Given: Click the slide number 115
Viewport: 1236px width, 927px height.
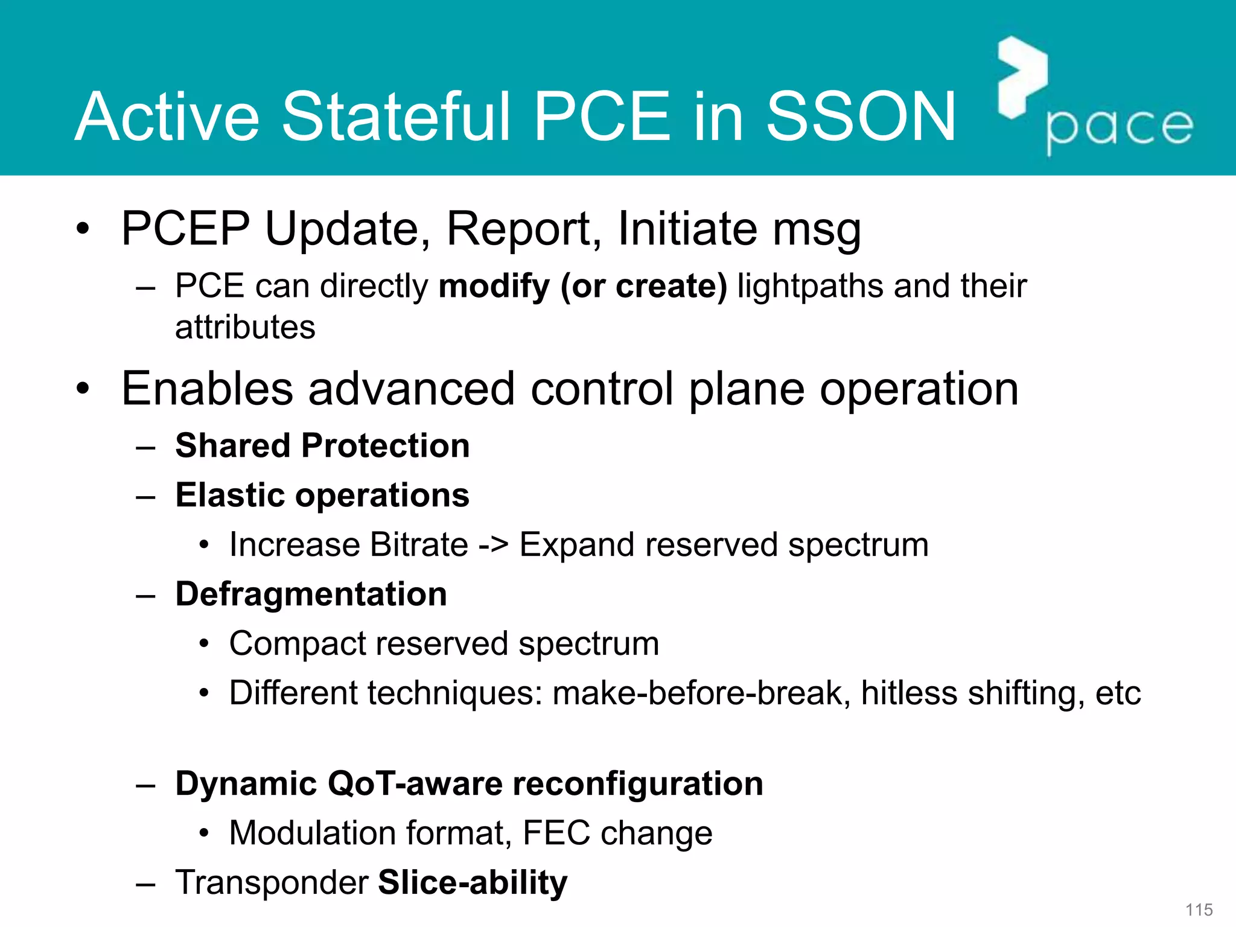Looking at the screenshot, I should [x=1199, y=909].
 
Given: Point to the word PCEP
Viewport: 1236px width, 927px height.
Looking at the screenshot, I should [x=185, y=229].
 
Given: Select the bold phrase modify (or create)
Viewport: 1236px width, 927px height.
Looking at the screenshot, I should [x=583, y=285].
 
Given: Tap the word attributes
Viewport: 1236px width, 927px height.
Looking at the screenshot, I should [x=245, y=328].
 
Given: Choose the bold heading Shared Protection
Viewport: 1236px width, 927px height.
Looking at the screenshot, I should [x=322, y=446].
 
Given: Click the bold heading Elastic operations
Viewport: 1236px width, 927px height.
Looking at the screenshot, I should [x=322, y=495].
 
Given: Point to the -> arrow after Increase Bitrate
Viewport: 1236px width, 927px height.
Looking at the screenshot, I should [x=493, y=545].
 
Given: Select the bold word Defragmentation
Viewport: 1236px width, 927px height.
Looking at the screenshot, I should [x=311, y=594].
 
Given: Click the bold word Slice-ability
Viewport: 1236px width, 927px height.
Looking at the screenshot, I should [x=473, y=883].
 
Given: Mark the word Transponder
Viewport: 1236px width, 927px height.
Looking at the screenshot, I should [x=272, y=883].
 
